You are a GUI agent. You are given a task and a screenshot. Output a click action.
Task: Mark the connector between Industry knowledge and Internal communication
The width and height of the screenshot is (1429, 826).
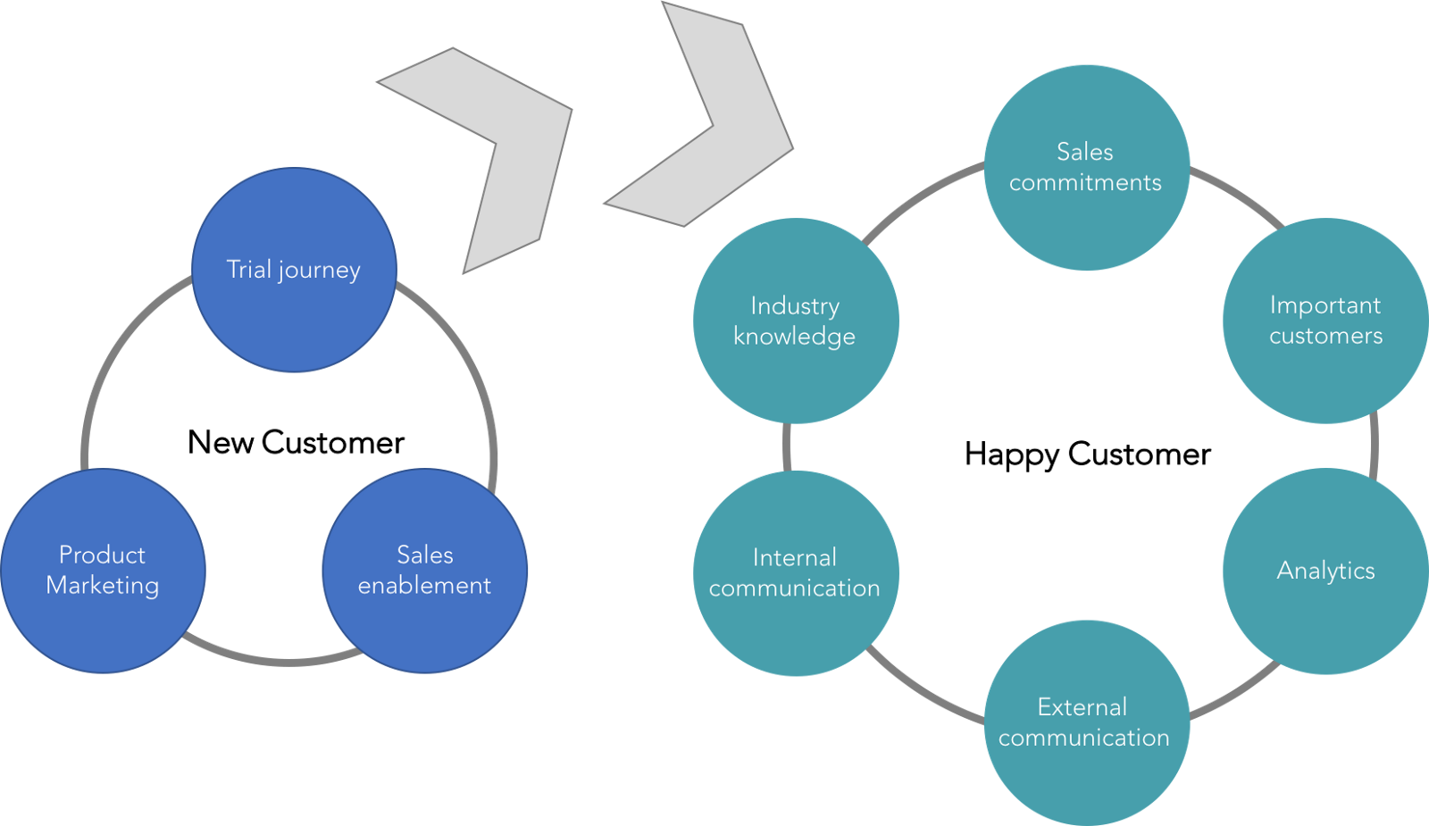(x=787, y=446)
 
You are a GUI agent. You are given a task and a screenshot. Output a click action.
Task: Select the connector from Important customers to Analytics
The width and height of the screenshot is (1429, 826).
(x=1374, y=445)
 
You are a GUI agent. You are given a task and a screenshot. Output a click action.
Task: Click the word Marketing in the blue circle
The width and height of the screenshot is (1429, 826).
(x=103, y=586)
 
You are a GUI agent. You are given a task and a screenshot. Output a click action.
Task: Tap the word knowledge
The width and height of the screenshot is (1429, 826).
(x=794, y=337)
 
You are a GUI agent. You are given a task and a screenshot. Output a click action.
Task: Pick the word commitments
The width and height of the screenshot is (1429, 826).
(x=1086, y=182)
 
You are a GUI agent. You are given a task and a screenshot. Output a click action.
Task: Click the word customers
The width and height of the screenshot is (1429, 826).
(x=1325, y=336)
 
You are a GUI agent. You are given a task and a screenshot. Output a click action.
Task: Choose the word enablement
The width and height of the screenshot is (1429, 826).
(x=425, y=586)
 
